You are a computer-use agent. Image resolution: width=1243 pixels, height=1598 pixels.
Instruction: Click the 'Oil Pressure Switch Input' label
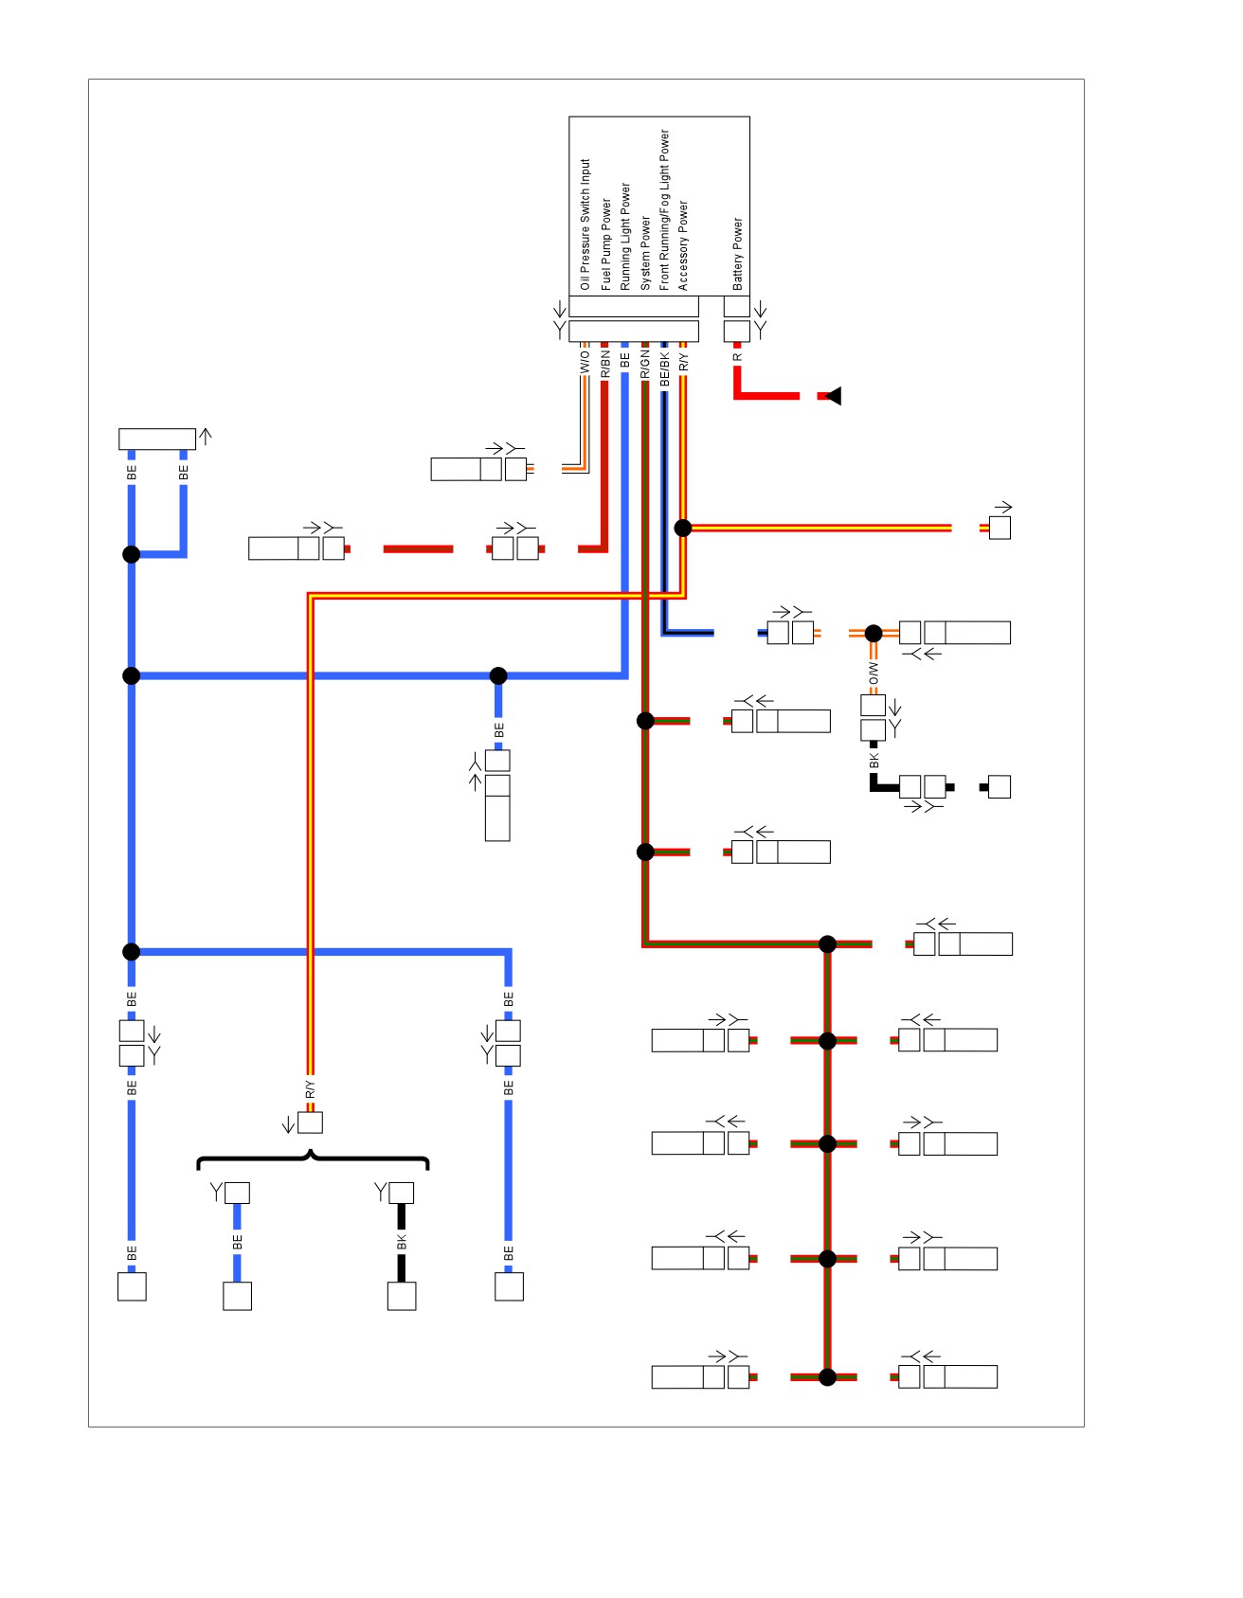coord(585,224)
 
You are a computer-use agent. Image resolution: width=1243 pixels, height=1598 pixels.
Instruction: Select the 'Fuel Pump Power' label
coord(605,244)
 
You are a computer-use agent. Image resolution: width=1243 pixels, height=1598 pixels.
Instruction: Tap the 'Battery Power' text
coord(737,254)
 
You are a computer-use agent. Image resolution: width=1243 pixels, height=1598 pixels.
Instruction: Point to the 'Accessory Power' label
coord(683,245)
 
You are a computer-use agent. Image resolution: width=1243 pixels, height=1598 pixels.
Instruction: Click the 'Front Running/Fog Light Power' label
coord(664,209)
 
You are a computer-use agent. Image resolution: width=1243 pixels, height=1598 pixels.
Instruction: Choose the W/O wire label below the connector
coord(585,362)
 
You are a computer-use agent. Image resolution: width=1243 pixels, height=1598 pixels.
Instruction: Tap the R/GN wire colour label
coord(644,365)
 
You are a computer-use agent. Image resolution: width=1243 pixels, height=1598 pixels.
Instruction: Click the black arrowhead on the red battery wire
coord(834,396)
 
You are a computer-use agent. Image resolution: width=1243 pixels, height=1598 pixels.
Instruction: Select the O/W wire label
coord(874,673)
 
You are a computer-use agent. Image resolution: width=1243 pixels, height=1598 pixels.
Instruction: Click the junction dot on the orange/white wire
coord(874,633)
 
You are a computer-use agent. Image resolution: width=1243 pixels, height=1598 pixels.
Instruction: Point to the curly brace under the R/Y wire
coord(312,1159)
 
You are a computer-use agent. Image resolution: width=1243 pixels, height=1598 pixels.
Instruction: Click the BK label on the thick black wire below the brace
coord(402,1242)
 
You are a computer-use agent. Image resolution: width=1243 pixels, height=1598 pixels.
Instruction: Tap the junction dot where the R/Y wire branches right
coord(683,528)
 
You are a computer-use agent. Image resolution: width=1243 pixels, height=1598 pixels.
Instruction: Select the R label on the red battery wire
coord(737,357)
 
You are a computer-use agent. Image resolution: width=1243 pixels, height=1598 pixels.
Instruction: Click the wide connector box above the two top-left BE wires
coord(157,439)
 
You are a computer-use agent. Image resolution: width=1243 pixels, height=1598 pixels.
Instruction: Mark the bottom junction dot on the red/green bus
coord(827,1377)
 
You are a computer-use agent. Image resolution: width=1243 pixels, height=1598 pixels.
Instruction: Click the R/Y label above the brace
coord(310,1089)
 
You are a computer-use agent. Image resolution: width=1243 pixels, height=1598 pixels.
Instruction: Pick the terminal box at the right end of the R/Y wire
coord(1000,528)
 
